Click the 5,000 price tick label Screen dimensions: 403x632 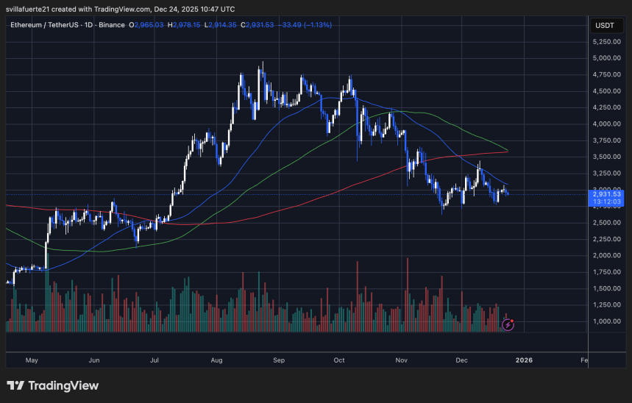click(x=607, y=58)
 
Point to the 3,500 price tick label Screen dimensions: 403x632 click(x=607, y=157)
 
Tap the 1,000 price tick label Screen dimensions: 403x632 click(x=607, y=321)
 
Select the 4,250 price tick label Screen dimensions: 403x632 click(x=607, y=107)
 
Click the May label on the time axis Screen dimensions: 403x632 click(x=31, y=360)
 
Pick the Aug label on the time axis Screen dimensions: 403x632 click(x=216, y=360)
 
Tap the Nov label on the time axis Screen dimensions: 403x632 click(x=402, y=360)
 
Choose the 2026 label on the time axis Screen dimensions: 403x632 click(x=524, y=360)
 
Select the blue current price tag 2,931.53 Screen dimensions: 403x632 click(x=607, y=193)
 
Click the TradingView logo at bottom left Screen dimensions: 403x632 click(x=52, y=385)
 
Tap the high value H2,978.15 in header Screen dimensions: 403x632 click(x=183, y=25)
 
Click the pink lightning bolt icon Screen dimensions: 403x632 click(x=507, y=323)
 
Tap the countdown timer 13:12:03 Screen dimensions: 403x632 click(x=607, y=201)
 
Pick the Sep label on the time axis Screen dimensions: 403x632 click(x=278, y=360)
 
